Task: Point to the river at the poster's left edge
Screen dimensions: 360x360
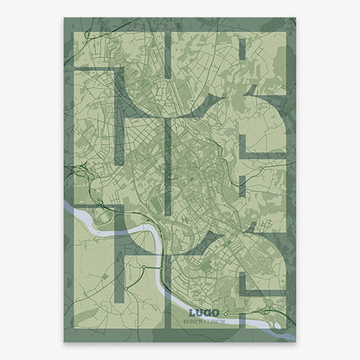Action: (x=69, y=207)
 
